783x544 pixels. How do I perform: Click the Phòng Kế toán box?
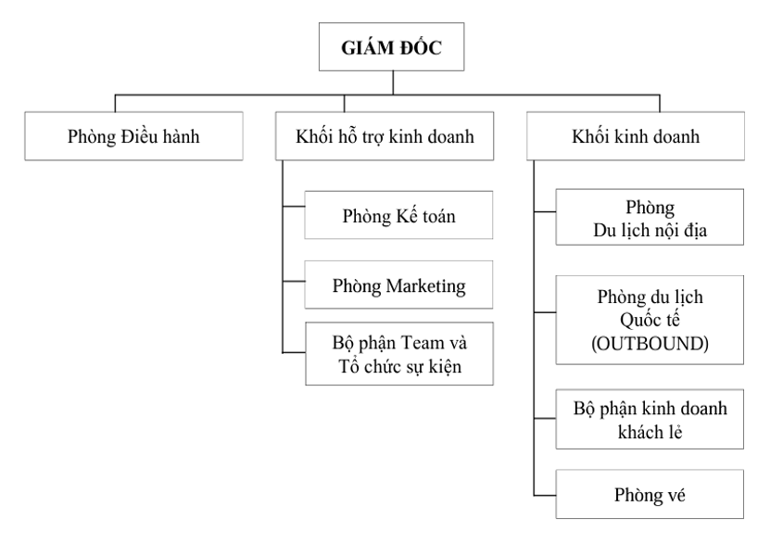pos(399,216)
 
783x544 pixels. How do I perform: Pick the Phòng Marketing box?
pos(399,284)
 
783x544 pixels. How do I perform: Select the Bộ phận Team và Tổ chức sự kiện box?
pos(399,352)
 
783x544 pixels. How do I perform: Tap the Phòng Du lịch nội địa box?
pos(650,216)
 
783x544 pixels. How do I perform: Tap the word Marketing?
pos(423,284)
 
